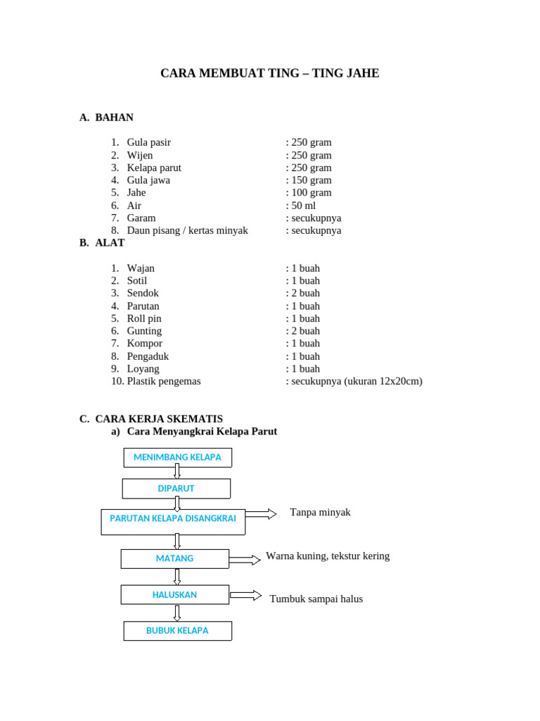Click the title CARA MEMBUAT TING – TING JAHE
tap(270, 73)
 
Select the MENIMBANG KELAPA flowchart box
tap(177, 458)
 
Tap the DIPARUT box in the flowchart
tap(176, 489)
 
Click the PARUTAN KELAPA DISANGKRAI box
tap(173, 519)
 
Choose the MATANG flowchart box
tap(174, 558)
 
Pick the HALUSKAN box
tap(174, 595)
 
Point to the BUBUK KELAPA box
tap(177, 631)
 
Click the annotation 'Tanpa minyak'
tap(320, 513)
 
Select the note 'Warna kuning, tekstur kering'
tap(328, 556)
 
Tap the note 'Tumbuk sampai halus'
tap(316, 599)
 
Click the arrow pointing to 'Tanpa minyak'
tap(261, 514)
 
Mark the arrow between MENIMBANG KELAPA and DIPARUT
tap(177, 471)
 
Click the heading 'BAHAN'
tap(114, 118)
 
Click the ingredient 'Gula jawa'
tap(148, 180)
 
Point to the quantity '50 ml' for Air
tap(303, 206)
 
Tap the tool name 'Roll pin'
tap(144, 318)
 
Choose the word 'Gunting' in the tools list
tap(144, 331)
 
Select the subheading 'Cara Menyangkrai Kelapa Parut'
tap(202, 432)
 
